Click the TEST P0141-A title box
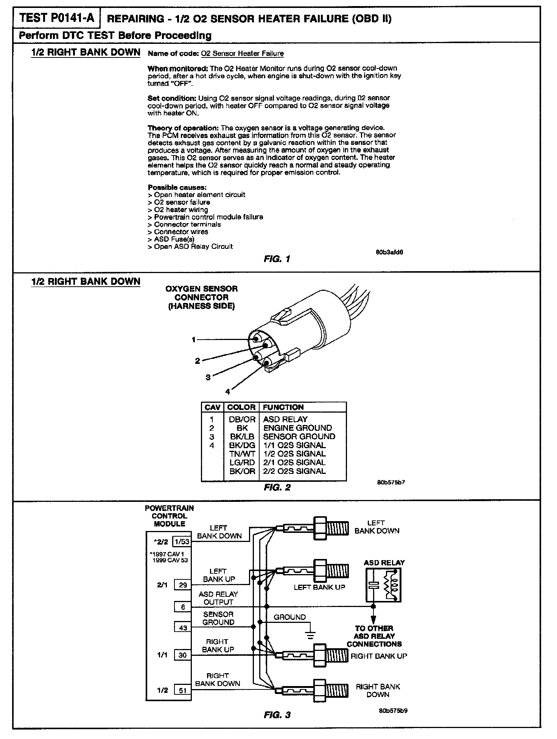pos(57,18)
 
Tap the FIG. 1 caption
pos(277,259)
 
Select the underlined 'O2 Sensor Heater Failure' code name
pos(242,54)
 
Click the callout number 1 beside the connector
pos(193,340)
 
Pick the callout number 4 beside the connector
pos(227,392)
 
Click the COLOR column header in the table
pos(241,407)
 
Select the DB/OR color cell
pos(242,419)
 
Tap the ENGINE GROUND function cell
pos(297,428)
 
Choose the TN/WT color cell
pos(242,454)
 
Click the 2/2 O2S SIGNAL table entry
pos(294,471)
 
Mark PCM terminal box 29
pos(183,585)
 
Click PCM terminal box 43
pos(183,628)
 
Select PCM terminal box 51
pos(183,691)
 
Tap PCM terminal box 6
pos(183,607)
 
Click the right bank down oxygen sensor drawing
pos(312,691)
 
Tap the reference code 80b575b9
pos(393,711)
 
